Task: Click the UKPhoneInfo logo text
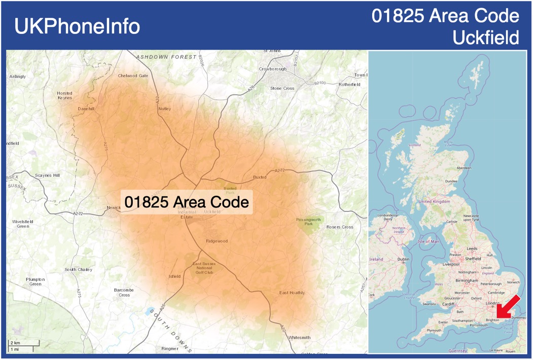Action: coord(77,26)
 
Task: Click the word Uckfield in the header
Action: coord(485,38)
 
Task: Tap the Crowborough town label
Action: coord(272,69)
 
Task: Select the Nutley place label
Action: coord(164,109)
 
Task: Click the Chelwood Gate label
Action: coord(133,76)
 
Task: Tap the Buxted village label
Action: coord(260,177)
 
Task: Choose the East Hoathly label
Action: coord(292,293)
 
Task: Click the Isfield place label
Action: coord(174,276)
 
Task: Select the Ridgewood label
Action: coord(217,241)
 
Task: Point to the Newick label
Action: coord(114,207)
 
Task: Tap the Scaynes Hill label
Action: coord(47,175)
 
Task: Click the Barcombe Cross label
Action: coord(124,292)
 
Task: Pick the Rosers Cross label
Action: coord(340,227)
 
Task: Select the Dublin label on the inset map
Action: coord(403,260)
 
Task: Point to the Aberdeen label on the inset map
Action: coord(464,168)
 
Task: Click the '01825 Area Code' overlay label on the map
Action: coord(187,202)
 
